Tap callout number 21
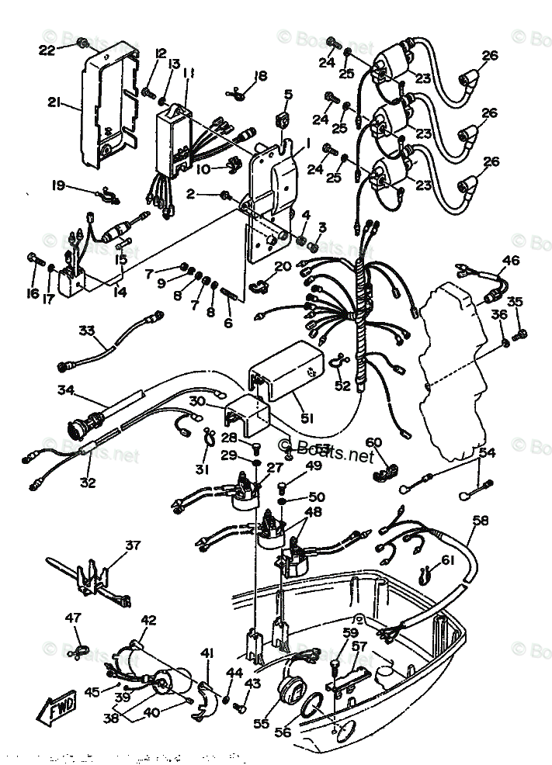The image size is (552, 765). [53, 102]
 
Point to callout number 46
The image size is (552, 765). [510, 261]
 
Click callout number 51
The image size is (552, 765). [307, 418]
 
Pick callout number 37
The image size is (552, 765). [133, 545]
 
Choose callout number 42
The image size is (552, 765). [148, 620]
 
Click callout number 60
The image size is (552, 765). [373, 443]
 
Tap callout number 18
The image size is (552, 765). [260, 76]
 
